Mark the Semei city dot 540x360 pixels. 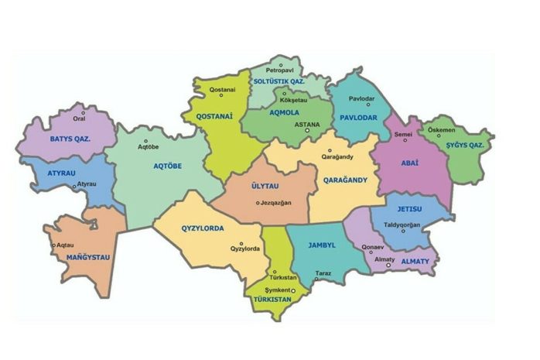(402, 142)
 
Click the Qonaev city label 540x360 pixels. (374, 248)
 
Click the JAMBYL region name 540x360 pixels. (321, 245)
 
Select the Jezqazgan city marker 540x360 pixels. (258, 204)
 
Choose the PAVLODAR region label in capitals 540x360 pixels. (357, 117)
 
